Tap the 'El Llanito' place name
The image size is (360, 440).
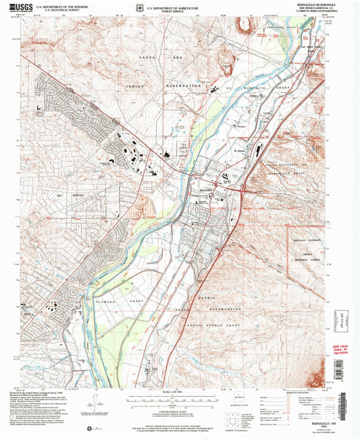(241, 150)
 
